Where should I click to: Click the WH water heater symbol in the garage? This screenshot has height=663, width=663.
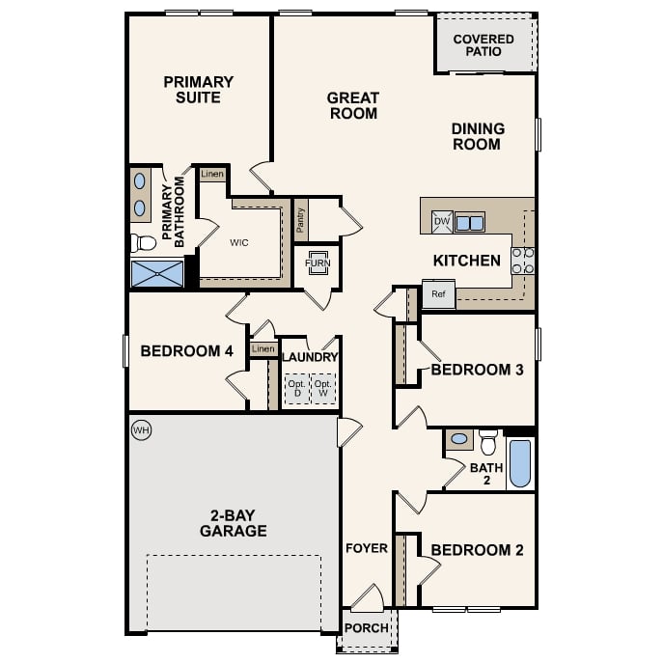[x=141, y=429]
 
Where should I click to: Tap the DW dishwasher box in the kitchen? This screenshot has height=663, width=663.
[x=442, y=222]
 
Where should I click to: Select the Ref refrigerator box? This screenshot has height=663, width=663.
[x=438, y=294]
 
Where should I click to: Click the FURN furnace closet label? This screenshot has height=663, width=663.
[x=317, y=263]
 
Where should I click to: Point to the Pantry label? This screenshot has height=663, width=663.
[x=301, y=221]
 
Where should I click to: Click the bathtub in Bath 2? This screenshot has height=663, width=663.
[x=519, y=463]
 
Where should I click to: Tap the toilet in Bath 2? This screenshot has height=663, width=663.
[x=487, y=442]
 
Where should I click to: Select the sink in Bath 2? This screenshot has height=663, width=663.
[x=459, y=440]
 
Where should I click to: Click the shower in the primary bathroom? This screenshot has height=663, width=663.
[x=157, y=273]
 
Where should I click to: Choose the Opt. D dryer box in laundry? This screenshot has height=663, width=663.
[x=296, y=389]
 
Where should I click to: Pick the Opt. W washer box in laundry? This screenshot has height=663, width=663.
[x=324, y=389]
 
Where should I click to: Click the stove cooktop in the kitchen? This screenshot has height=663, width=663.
[x=522, y=261]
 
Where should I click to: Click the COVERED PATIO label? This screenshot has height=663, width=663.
[x=483, y=44]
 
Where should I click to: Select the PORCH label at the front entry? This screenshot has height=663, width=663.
[x=367, y=628]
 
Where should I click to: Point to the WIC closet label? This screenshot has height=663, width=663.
[x=239, y=242]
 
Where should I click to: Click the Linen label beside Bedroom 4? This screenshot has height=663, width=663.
[x=262, y=348]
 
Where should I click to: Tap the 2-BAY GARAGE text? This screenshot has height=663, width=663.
[x=233, y=522]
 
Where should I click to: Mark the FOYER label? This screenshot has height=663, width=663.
[x=366, y=548]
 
